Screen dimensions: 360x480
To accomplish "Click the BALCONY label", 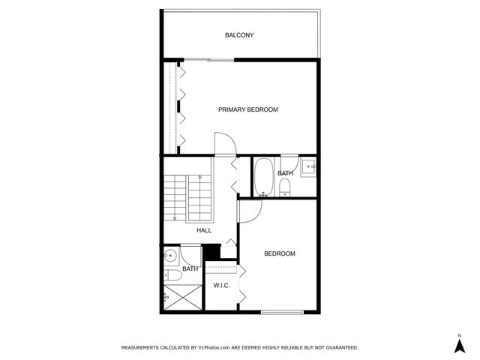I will point(239,35).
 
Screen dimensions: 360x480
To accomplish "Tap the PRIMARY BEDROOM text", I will point(247,109).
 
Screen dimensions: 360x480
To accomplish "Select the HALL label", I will point(204,230).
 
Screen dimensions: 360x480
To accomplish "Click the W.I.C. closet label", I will point(221,286).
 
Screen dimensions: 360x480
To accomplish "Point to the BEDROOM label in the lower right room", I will point(279,253).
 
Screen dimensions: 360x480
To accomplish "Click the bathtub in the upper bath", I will point(263,177).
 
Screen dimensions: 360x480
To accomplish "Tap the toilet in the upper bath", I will point(285,190).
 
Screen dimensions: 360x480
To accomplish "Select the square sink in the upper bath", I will point(308,168).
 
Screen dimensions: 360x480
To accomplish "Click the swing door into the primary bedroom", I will point(223,143).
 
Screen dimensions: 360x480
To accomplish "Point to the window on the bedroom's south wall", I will point(282,311).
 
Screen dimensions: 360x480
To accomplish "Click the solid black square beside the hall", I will point(212,253).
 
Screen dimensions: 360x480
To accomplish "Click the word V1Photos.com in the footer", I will point(220,348).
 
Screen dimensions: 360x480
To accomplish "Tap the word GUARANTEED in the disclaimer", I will point(338,348).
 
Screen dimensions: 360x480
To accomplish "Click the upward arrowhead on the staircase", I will point(174,218).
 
